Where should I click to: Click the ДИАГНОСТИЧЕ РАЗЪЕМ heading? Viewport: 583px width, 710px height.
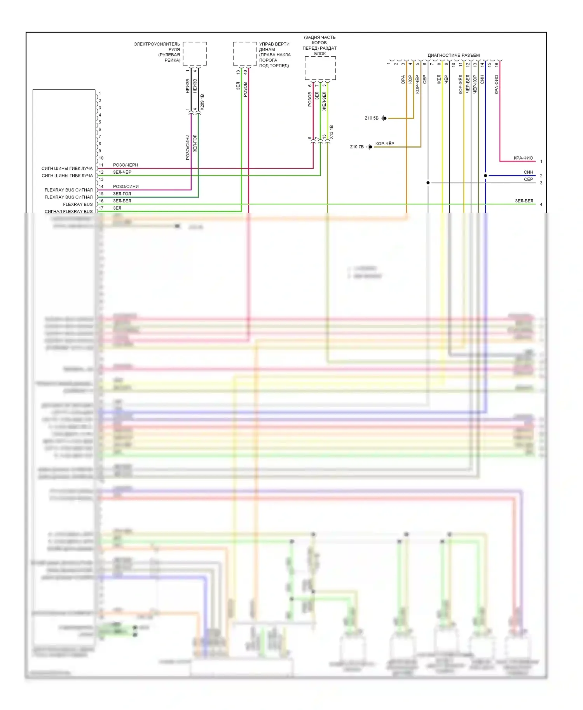click(x=454, y=55)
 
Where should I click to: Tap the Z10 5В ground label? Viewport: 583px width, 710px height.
click(x=371, y=118)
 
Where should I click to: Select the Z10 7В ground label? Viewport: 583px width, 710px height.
click(x=356, y=147)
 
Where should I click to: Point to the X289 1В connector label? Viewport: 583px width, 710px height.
click(x=202, y=102)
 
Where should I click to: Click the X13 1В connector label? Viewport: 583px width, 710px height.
click(x=332, y=132)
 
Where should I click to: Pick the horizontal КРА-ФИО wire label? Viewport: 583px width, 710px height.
click(x=523, y=158)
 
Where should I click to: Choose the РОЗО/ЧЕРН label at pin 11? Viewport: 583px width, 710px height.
click(x=126, y=165)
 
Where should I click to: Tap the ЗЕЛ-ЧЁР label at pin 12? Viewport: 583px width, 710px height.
click(x=122, y=172)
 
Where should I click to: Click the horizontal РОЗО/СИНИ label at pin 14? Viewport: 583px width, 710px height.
click(x=126, y=186)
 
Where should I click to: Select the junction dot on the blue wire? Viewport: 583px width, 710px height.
click(x=485, y=176)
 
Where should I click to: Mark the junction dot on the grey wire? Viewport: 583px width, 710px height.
click(x=428, y=183)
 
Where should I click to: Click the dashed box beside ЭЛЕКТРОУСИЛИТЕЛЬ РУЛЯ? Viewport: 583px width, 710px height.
click(x=195, y=54)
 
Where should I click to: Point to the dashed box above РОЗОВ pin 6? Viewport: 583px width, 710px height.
click(x=320, y=68)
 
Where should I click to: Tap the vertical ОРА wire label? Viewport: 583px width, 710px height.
click(x=403, y=80)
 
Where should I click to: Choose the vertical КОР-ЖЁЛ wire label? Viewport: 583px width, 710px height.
click(x=461, y=84)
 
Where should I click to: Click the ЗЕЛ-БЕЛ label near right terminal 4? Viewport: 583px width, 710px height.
click(x=524, y=201)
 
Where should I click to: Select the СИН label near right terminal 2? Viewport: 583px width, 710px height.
click(x=528, y=172)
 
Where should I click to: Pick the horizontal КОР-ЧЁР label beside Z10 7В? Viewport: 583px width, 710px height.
click(x=385, y=144)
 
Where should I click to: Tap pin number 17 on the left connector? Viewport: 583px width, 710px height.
click(x=101, y=208)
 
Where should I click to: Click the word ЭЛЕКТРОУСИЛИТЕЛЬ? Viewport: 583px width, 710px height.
click(x=157, y=44)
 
